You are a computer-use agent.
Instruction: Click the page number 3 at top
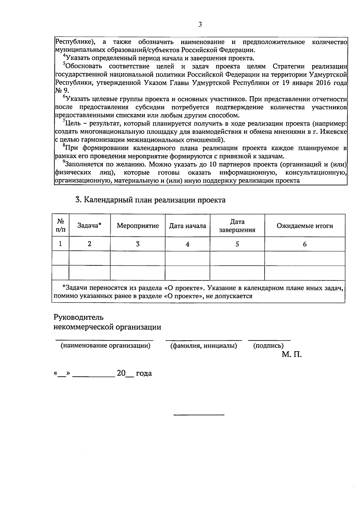(x=200, y=25)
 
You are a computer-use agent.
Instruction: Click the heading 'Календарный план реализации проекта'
(x=150, y=200)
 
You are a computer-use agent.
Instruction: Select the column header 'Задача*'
(x=89, y=226)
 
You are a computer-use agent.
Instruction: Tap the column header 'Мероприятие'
(x=138, y=226)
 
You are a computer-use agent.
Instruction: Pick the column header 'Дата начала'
(x=187, y=226)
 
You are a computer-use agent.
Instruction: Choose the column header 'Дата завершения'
(x=237, y=226)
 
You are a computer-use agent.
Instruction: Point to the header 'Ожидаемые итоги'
(x=304, y=226)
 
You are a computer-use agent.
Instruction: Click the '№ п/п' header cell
(x=61, y=226)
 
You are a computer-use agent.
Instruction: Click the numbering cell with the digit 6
(x=304, y=244)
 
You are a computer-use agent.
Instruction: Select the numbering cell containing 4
(x=187, y=244)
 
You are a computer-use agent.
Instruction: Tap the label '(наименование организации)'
(x=105, y=346)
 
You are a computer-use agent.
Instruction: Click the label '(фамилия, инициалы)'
(x=204, y=346)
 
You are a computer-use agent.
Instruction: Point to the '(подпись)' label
(x=268, y=346)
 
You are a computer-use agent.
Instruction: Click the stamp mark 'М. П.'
(x=292, y=355)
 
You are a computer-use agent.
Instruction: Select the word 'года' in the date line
(x=144, y=374)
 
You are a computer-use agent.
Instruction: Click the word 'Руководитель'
(x=78, y=317)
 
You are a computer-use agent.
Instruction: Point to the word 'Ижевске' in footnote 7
(x=335, y=132)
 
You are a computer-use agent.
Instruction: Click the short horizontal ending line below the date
(x=199, y=415)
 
